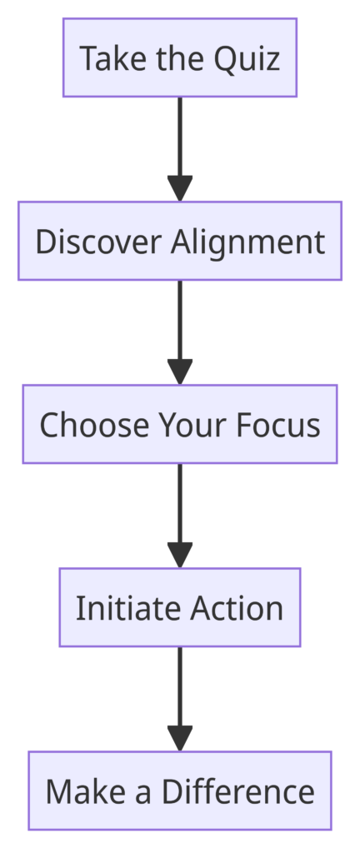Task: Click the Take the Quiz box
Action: tap(180, 57)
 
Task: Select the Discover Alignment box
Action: tap(180, 241)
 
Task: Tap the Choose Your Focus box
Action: tap(180, 424)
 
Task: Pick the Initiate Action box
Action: tap(180, 607)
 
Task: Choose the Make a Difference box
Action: tap(180, 791)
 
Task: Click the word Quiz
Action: tap(247, 59)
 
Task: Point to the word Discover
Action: tap(97, 242)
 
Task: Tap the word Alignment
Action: tap(248, 242)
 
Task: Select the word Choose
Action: tap(94, 425)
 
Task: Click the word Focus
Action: tap(277, 425)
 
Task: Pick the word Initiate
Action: tap(128, 608)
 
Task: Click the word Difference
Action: tap(238, 791)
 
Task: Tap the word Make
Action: tap(85, 791)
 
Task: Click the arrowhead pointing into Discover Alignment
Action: tap(180, 188)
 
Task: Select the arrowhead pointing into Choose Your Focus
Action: tap(180, 372)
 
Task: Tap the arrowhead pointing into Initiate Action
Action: tap(180, 555)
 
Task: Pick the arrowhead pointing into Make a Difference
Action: tap(180, 738)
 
